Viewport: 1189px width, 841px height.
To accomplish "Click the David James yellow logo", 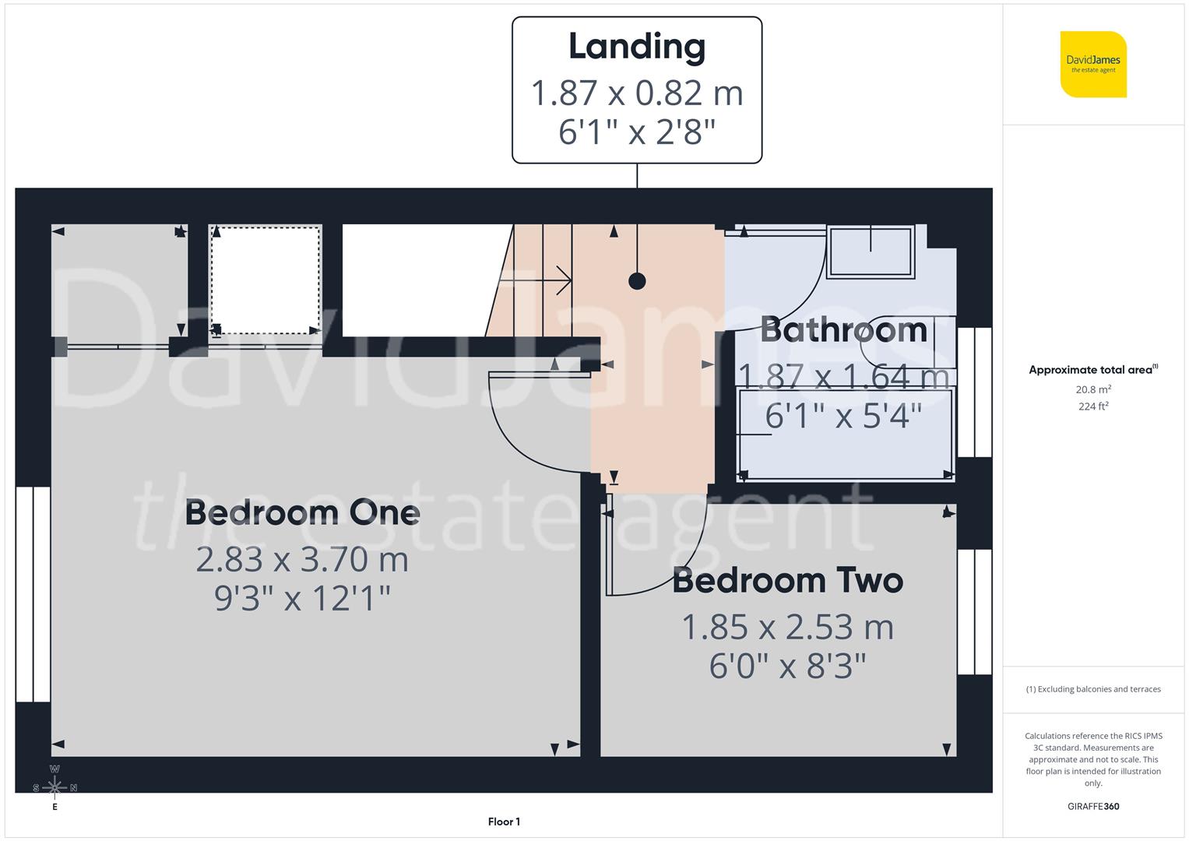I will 1093,65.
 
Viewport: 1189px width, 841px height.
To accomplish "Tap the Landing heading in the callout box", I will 637,46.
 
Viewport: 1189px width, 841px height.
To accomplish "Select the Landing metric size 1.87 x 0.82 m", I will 637,93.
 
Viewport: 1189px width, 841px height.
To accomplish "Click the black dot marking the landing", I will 637,281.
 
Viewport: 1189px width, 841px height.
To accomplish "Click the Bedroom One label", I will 302,512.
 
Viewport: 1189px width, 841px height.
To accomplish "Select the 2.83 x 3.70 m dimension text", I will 302,559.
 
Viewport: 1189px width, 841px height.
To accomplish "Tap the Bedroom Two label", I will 787,581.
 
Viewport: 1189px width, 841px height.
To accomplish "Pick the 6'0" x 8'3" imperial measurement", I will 787,667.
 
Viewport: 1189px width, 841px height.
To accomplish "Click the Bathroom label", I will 844,330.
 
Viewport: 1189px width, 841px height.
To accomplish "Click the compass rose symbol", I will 55,787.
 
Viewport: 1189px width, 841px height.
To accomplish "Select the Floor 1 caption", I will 504,822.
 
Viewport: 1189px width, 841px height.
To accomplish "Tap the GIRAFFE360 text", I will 1093,806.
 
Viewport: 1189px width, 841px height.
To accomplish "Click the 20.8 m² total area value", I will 1093,389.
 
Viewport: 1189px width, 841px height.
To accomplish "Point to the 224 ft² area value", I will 1093,406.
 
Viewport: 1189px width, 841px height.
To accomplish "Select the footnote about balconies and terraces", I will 1093,689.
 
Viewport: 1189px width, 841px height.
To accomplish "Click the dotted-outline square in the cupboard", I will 266,280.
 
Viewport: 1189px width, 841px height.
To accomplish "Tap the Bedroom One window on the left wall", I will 33,594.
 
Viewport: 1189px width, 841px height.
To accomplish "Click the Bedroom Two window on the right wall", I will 974,612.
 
